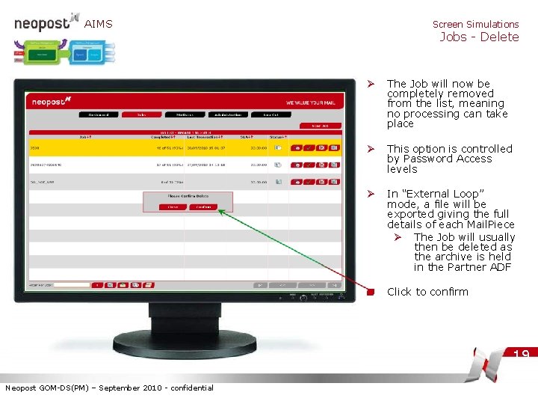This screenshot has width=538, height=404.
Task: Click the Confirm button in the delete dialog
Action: (x=200, y=206)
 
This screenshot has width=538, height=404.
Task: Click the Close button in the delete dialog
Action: (x=173, y=206)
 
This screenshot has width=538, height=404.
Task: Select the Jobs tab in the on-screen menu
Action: (x=141, y=114)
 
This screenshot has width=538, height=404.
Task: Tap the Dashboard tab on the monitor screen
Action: (x=99, y=114)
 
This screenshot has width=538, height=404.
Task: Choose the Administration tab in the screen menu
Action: (x=227, y=114)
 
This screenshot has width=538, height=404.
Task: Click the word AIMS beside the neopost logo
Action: (x=99, y=24)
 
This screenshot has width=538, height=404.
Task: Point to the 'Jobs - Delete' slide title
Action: (x=479, y=37)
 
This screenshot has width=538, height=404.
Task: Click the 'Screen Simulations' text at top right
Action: (x=475, y=24)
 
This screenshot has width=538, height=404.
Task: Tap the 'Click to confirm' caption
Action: (x=427, y=292)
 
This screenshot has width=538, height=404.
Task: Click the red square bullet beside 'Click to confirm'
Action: (x=371, y=292)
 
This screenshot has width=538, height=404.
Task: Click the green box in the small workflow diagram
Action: (x=43, y=55)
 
